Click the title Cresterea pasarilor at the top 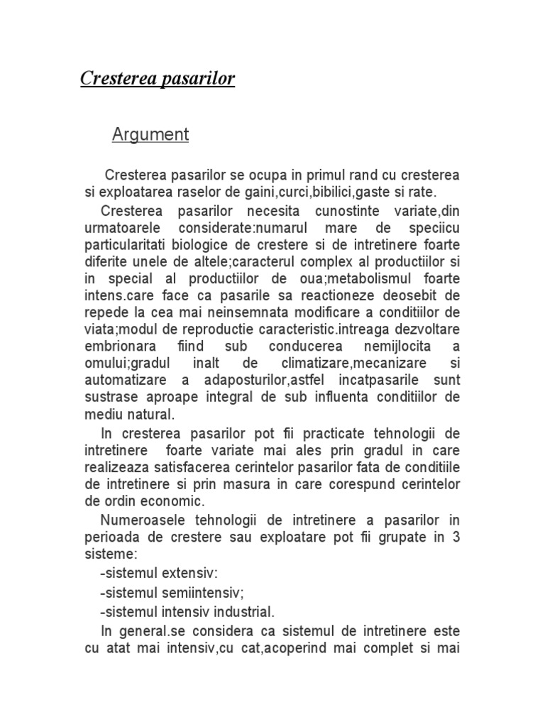click(x=157, y=78)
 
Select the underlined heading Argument click(x=150, y=135)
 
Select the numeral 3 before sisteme click(x=456, y=537)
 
